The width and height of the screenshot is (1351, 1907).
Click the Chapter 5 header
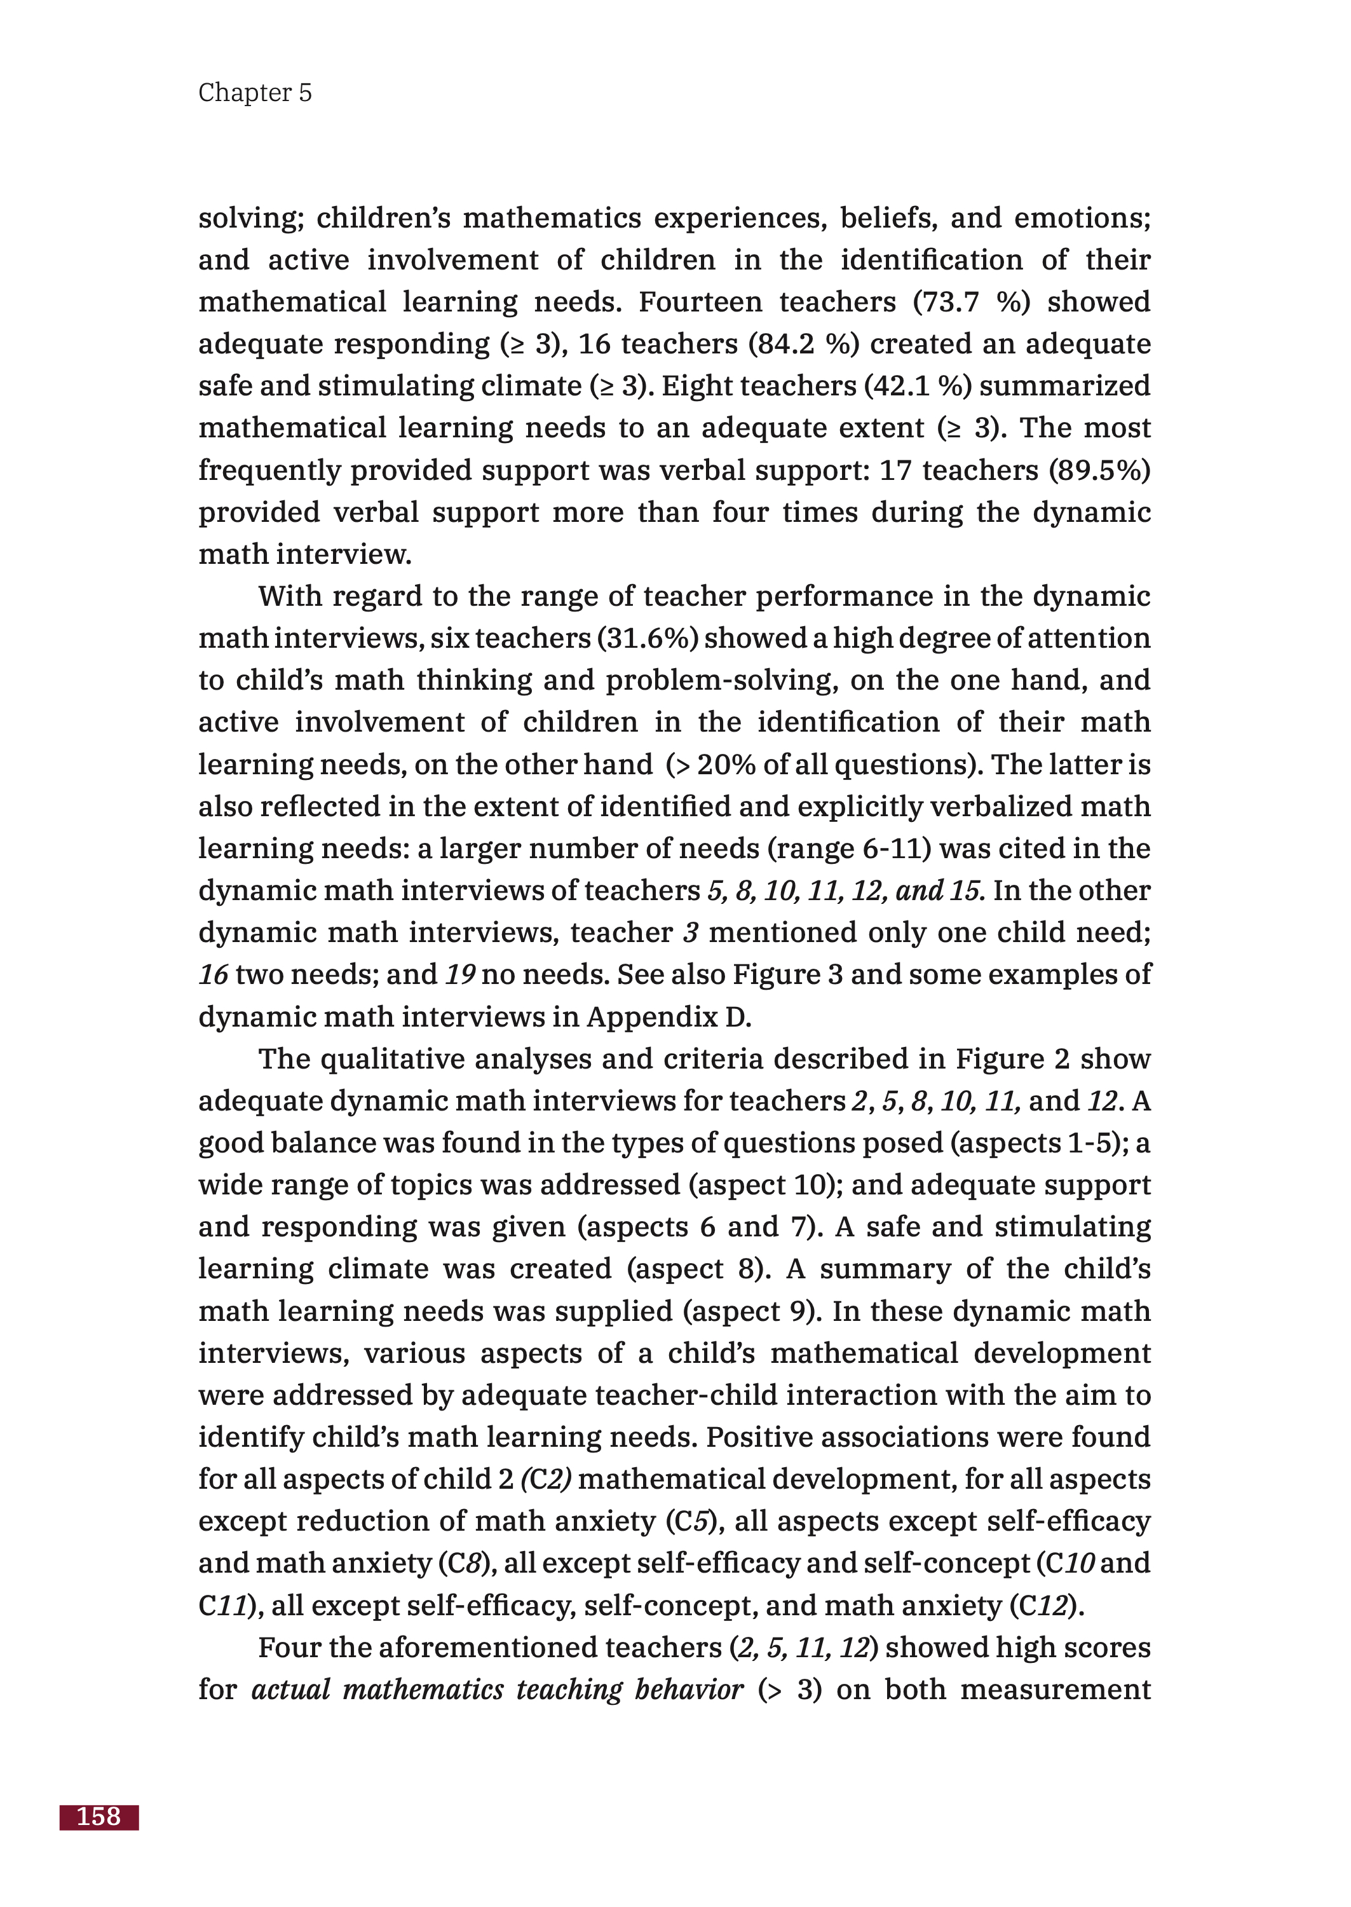(x=255, y=92)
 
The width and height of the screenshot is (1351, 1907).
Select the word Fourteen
(x=700, y=302)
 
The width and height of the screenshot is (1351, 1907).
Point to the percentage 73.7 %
(x=972, y=302)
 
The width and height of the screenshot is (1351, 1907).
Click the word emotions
(x=1081, y=218)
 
